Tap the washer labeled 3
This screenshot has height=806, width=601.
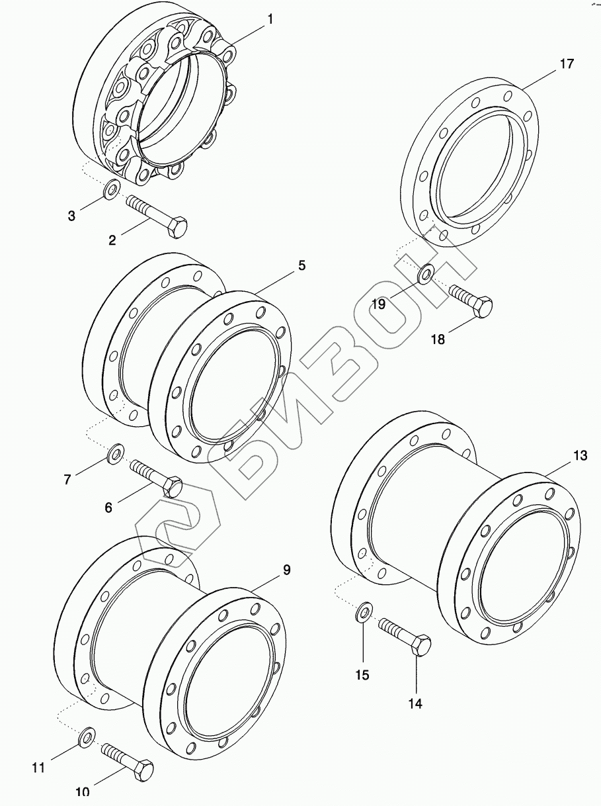click(112, 191)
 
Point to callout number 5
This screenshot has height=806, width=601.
click(301, 266)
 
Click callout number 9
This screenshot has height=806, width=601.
click(286, 570)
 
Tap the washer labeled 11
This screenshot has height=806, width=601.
click(86, 736)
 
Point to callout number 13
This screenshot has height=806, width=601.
click(580, 455)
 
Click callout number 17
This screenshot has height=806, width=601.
click(566, 64)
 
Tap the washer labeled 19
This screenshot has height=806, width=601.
click(426, 272)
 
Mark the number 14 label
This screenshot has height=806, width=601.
click(415, 704)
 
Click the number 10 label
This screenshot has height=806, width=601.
click(83, 791)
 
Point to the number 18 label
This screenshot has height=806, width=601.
click(438, 339)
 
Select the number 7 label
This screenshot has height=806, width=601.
click(67, 480)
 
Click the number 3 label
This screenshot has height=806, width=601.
click(72, 216)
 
